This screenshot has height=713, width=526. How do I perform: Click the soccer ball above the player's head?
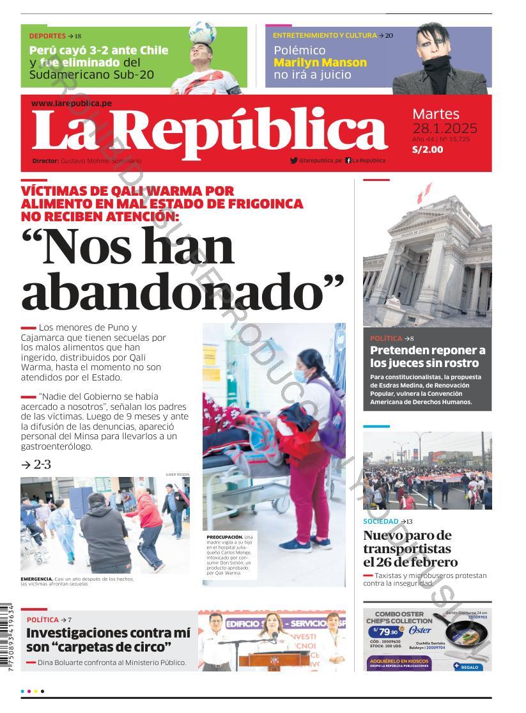coord(202,32)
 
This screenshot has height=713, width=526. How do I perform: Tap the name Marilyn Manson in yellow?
coord(320,63)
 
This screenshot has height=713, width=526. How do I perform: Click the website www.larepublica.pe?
coord(72,103)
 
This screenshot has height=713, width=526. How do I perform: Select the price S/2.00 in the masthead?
coord(428,150)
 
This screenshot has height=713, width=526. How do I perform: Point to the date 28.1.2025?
coord(445,128)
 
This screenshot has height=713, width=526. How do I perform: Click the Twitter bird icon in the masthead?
coord(293,161)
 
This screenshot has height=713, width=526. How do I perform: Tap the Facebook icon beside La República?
coord(348,161)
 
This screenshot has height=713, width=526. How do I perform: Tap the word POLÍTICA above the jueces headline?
coord(386,338)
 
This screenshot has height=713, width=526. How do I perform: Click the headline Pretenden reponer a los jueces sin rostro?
coord(428,356)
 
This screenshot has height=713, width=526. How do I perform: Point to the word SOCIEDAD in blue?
coord(381,521)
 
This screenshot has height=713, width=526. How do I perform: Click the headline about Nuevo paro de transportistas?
coord(410,549)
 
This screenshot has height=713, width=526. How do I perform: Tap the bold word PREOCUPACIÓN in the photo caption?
coord(224,537)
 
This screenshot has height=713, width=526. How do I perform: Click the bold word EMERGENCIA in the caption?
coord(37,579)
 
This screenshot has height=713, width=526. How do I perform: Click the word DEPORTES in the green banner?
coord(47,36)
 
